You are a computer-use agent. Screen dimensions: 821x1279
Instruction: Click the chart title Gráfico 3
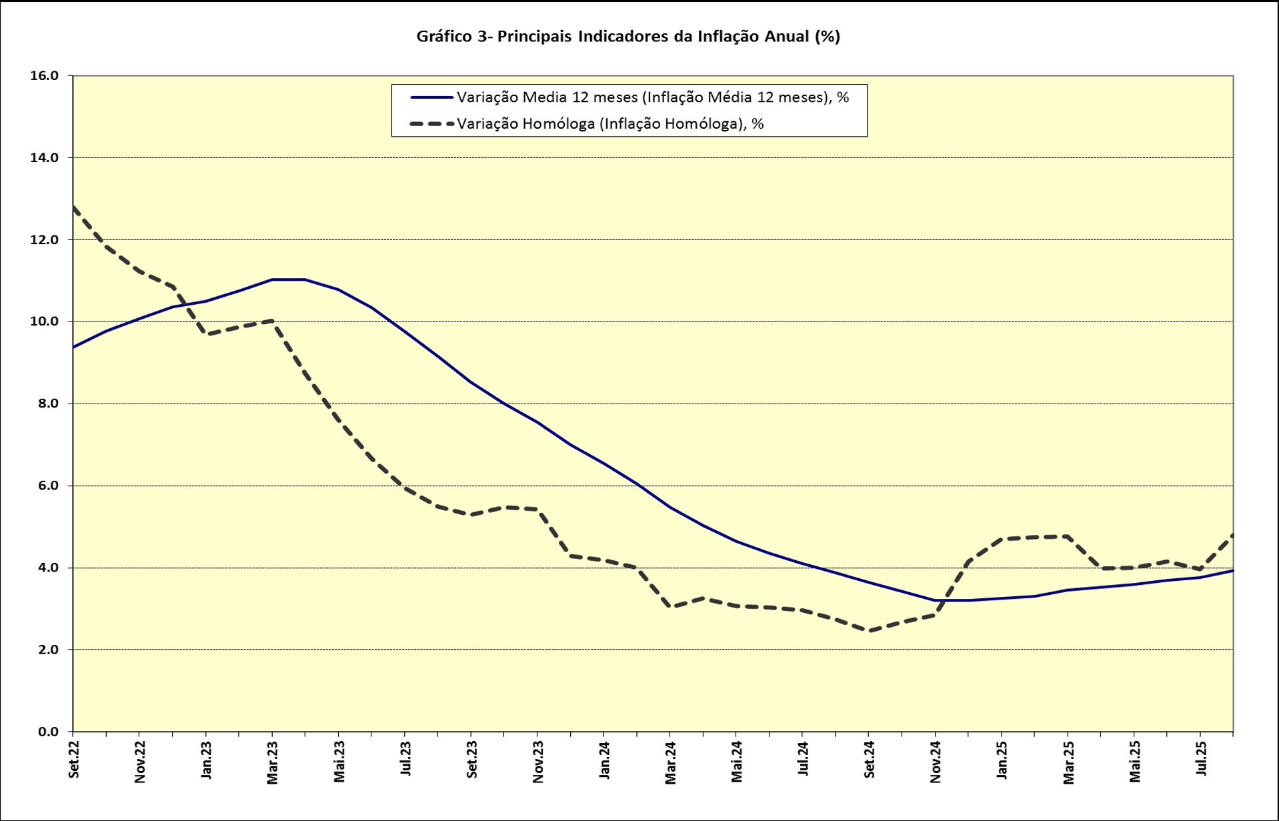tap(627, 37)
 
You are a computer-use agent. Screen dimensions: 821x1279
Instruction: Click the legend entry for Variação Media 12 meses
tap(652, 97)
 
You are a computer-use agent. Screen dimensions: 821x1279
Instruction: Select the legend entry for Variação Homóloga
tap(609, 124)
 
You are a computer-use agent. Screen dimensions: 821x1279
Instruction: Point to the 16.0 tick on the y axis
tap(45, 76)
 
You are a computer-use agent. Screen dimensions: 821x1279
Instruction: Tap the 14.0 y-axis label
tap(45, 158)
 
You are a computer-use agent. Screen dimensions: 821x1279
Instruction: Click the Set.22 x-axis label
tap(73, 759)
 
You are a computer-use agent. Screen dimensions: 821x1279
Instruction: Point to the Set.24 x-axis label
tap(869, 760)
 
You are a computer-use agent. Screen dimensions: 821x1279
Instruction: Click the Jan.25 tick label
tap(1002, 760)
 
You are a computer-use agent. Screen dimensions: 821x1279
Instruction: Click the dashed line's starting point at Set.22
tap(73, 207)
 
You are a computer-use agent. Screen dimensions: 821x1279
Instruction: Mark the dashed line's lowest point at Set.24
tap(869, 630)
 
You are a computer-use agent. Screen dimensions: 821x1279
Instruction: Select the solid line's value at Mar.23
tap(272, 279)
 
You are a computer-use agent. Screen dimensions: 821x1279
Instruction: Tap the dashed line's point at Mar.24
tap(670, 607)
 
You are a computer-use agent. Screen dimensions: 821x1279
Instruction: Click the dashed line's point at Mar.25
tap(1068, 536)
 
